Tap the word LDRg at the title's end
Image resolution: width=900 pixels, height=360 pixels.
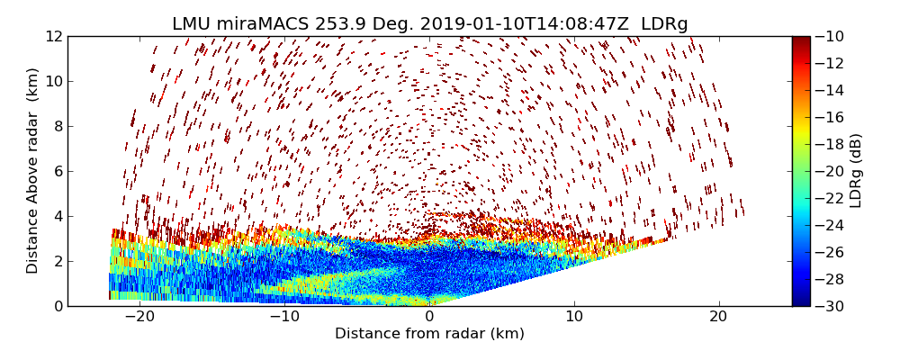tap(664, 24)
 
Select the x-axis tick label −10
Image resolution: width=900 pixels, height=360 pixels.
tap(284, 318)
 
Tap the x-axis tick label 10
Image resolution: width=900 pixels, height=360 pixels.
tap(574, 318)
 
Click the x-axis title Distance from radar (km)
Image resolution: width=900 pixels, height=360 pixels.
tap(429, 334)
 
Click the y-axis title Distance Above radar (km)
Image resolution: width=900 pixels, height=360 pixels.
tap(33, 171)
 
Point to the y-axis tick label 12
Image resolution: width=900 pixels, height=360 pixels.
tap(53, 36)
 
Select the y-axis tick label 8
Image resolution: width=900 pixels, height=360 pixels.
tap(57, 126)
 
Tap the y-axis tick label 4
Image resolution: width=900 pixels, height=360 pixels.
tap(57, 216)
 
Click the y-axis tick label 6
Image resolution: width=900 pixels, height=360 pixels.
tap(57, 171)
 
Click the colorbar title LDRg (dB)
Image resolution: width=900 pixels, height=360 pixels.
tap(856, 171)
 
